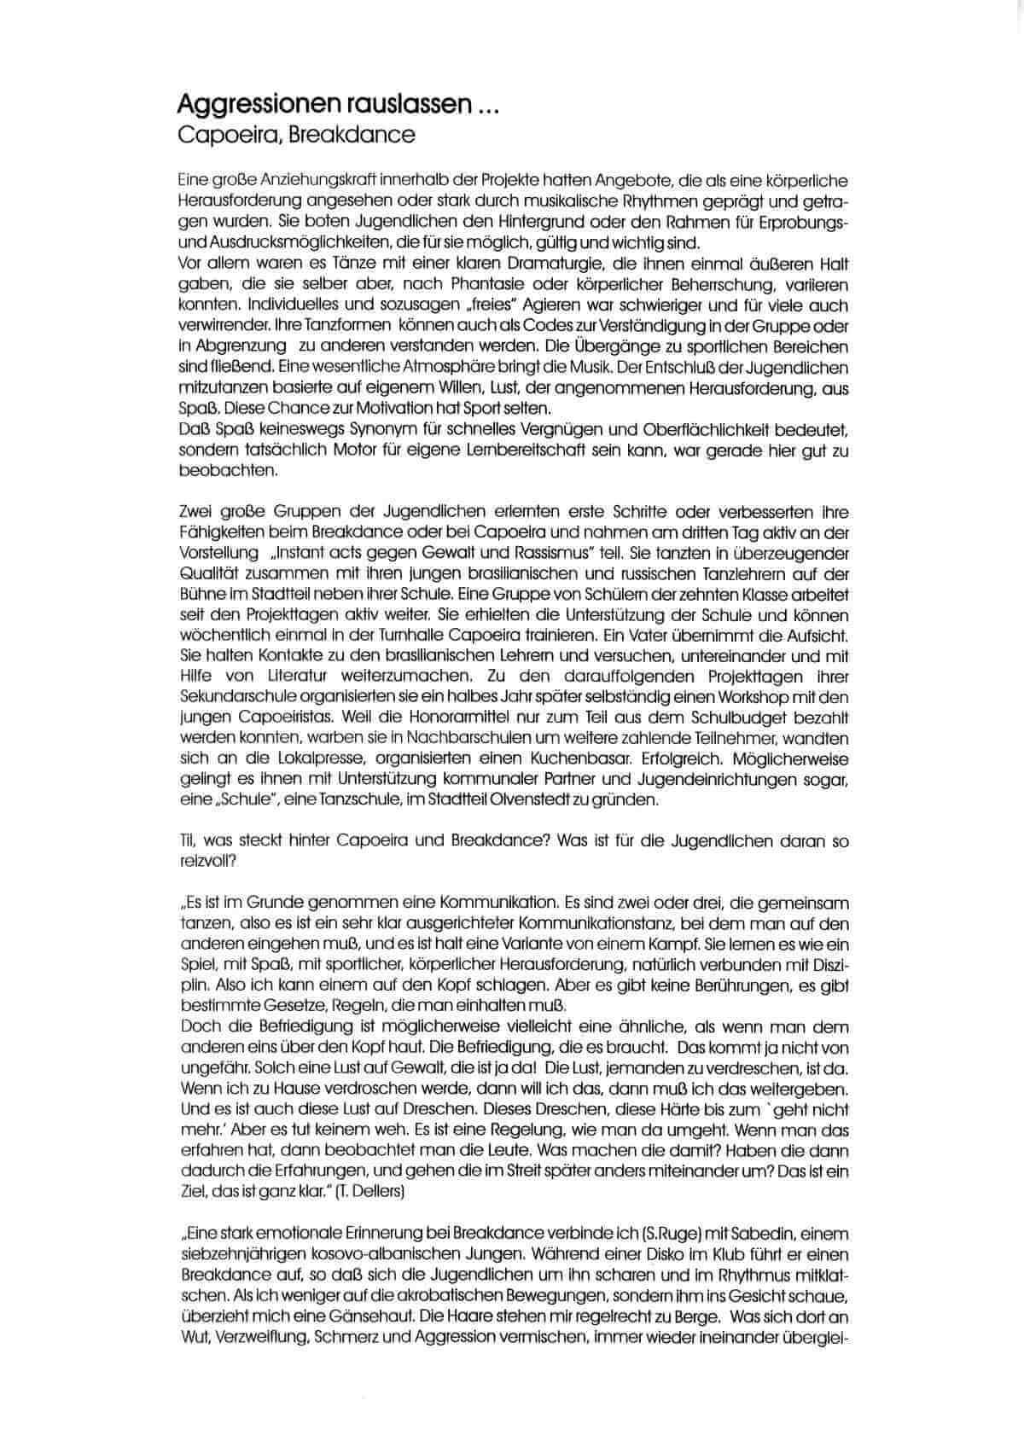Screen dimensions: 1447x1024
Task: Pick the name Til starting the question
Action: click(x=188, y=841)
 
